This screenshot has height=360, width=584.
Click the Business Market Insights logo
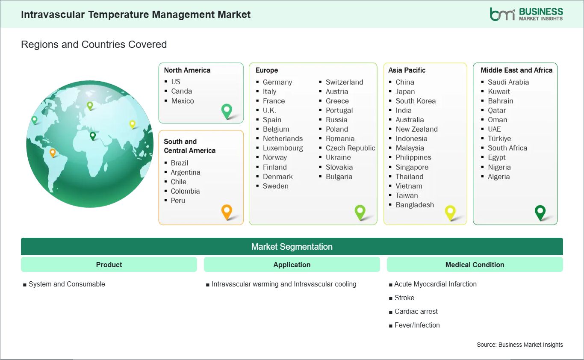coord(526,14)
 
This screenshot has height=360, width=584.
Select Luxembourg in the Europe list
coord(283,148)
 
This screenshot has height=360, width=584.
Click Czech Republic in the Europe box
coord(351,148)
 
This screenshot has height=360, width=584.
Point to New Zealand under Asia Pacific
coord(416,129)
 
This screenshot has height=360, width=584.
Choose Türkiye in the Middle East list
coord(499,139)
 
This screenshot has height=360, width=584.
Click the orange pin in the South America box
coord(227,212)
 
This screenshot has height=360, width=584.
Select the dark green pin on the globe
coord(92,136)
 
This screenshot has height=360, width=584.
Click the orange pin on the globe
coord(53,153)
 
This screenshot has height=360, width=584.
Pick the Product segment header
coord(109,265)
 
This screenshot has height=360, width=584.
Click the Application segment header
coord(292,265)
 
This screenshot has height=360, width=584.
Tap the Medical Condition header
coord(475,265)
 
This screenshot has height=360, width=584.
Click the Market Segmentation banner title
coord(292,247)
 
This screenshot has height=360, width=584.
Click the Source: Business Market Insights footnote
coord(520,345)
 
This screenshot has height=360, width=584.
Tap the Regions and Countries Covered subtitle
coord(94,44)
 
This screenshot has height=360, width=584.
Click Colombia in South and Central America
coord(185,191)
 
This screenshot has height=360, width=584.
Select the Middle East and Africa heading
coord(516,70)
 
